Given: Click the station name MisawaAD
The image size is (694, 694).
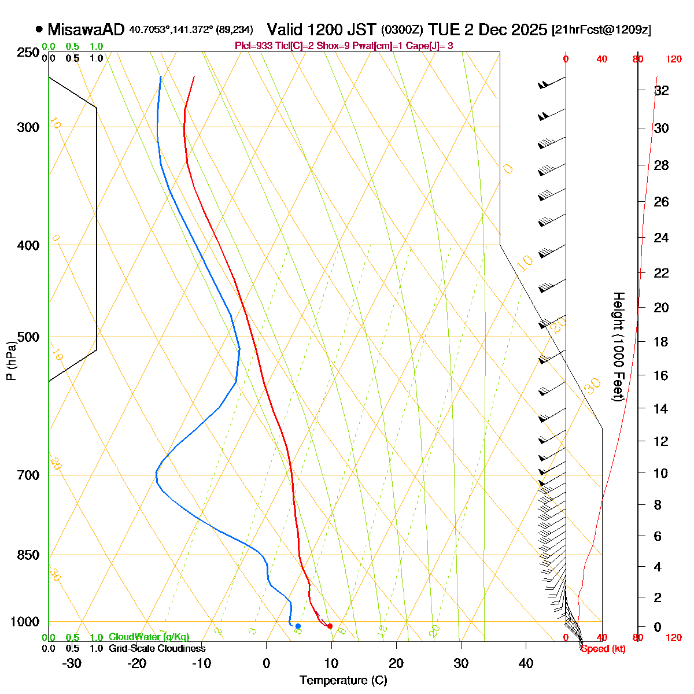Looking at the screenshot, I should pyautogui.click(x=86, y=29).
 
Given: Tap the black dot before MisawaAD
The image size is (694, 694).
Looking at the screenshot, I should pyautogui.click(x=39, y=29).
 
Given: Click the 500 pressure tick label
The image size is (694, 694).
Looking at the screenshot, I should pyautogui.click(x=28, y=337).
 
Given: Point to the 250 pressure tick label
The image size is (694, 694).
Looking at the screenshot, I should pyautogui.click(x=28, y=53).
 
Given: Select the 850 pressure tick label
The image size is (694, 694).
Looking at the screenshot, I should pyautogui.click(x=28, y=555).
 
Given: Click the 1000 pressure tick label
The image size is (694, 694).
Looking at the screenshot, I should pyautogui.click(x=25, y=622).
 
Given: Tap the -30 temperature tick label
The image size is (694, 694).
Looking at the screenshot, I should pyautogui.click(x=72, y=663).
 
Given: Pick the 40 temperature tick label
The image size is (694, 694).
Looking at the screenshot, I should pyautogui.click(x=526, y=663).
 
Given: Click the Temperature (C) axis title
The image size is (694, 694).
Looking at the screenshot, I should pyautogui.click(x=344, y=680).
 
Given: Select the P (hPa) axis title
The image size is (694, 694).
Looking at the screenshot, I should pyautogui.click(x=11, y=360).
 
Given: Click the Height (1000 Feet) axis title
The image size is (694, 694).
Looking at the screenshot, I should pyautogui.click(x=618, y=347).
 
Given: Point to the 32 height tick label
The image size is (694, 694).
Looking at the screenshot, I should pyautogui.click(x=661, y=90).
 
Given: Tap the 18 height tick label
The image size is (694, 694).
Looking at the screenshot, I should pyautogui.click(x=661, y=342).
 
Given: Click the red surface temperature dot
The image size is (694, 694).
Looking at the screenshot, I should pyautogui.click(x=330, y=626).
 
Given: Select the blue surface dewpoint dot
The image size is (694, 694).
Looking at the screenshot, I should pyautogui.click(x=298, y=626).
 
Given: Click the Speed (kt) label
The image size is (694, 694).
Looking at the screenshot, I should pyautogui.click(x=603, y=649).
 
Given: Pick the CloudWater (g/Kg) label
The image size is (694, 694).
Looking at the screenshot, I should pyautogui.click(x=149, y=637).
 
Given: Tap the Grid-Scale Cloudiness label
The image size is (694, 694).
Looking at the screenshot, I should pyautogui.click(x=157, y=649).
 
